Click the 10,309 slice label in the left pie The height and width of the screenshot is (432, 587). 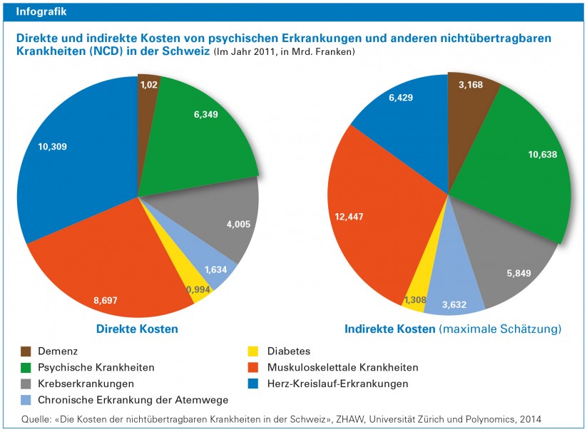(x=58, y=147)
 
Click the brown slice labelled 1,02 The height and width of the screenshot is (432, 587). (x=148, y=85)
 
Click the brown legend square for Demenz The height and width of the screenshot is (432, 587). (x=26, y=351)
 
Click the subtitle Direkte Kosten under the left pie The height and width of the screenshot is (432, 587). (x=137, y=329)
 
